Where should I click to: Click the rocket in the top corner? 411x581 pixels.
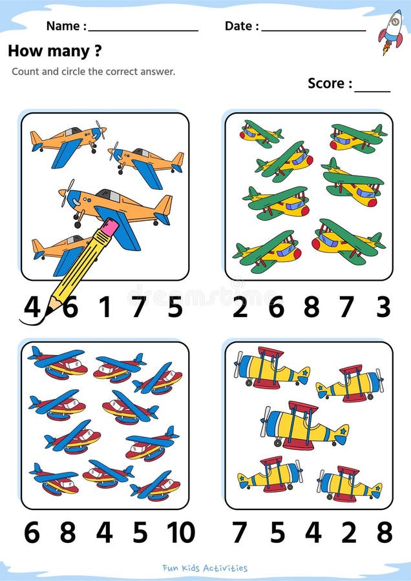point(390,32)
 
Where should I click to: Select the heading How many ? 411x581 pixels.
point(54,51)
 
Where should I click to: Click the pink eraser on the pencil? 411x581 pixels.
point(109,227)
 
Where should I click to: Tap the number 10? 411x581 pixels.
point(181,533)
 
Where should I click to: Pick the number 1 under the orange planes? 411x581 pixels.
point(105,307)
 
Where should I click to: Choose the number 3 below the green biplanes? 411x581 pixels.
point(383,307)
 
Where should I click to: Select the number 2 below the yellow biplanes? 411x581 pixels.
point(349,533)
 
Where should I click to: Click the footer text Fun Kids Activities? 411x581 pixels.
point(205,567)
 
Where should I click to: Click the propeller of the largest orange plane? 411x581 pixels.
point(67,192)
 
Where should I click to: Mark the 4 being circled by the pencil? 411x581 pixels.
point(32,307)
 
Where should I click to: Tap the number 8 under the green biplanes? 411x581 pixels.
point(311,307)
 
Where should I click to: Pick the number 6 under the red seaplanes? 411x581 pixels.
point(32,533)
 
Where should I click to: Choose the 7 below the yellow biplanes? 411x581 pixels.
point(239,533)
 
